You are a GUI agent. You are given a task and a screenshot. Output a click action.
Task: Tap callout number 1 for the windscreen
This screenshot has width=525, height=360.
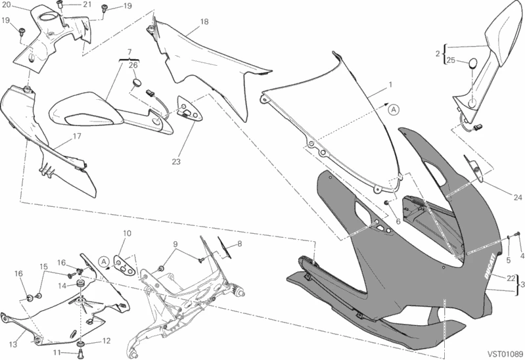tap(390, 85)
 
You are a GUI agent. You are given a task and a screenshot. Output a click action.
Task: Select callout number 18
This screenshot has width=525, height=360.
tap(204, 22)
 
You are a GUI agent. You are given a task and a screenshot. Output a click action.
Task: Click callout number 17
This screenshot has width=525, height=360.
tap(76, 137)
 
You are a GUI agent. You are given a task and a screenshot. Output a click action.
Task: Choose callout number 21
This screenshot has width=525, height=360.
tap(87, 5)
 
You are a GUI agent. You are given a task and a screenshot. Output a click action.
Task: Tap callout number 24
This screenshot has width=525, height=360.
tap(517, 196)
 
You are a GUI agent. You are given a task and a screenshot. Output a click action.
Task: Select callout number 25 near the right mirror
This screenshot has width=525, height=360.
tap(451, 60)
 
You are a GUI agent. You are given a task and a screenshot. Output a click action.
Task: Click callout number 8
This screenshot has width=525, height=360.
tap(239, 244)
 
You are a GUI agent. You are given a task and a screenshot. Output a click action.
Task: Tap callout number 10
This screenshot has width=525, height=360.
tap(127, 233)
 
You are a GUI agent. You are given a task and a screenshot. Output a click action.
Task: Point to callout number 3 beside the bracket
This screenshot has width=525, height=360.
tap(522, 284)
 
